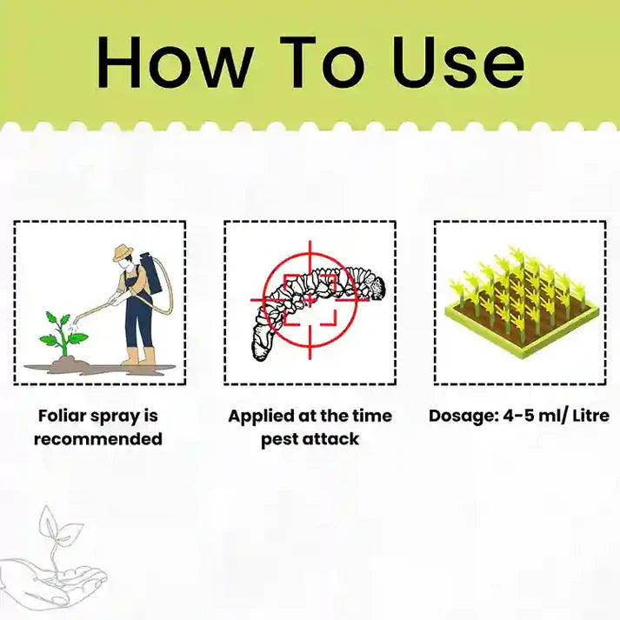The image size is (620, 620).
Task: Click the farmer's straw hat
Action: pos(121,252)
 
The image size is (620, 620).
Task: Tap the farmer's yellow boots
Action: pos(139,357)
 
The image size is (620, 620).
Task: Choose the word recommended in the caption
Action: pos(98,439)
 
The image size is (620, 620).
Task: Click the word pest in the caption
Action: pos(281,439)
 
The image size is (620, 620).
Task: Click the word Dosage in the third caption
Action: pos(462,416)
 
